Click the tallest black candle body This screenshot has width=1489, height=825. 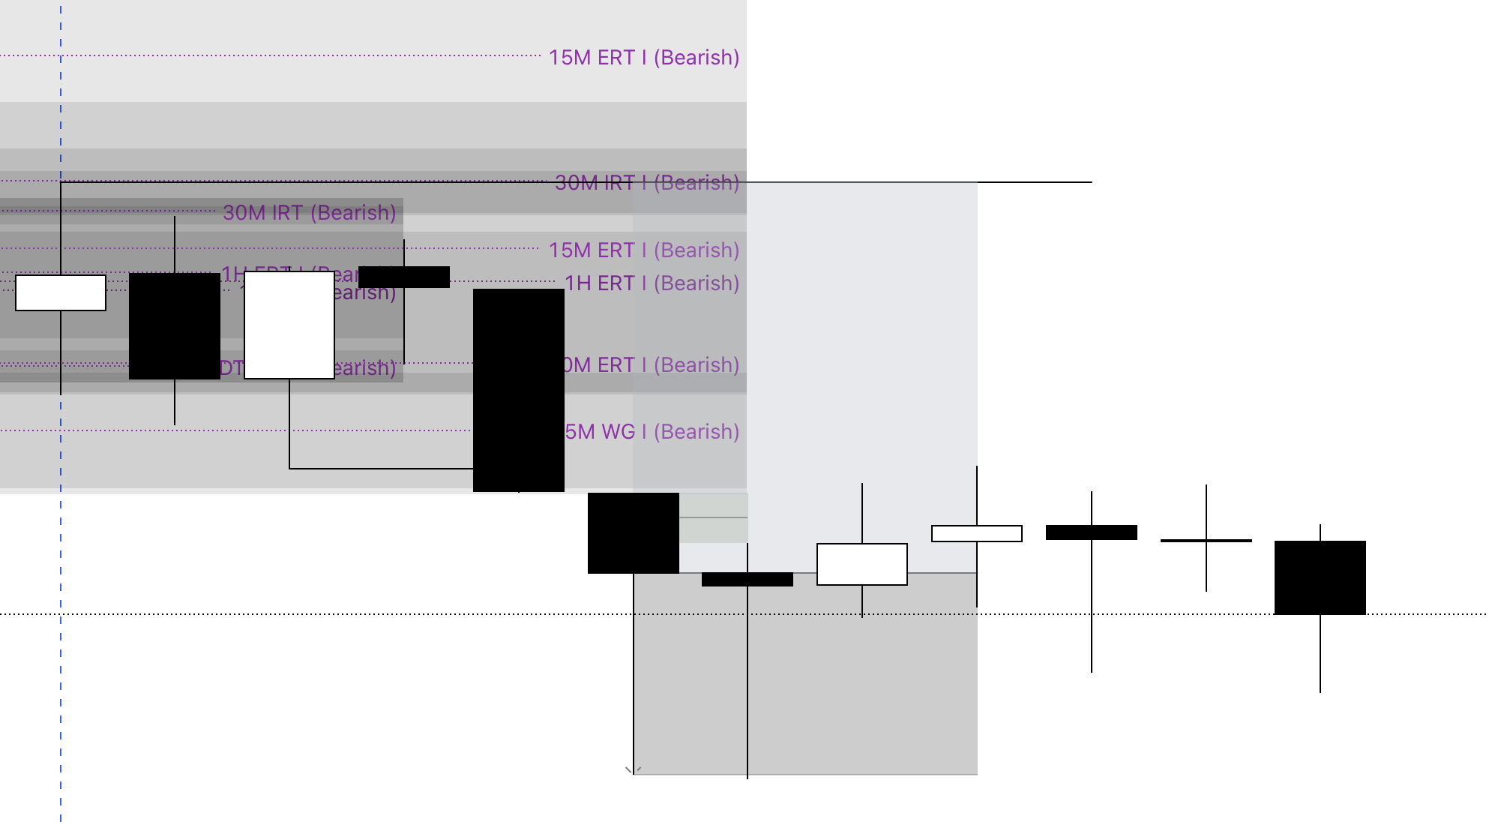coord(518,390)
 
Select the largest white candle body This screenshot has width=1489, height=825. coord(289,325)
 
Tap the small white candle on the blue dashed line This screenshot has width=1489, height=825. coord(61,292)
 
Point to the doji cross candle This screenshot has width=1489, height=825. coord(1206,540)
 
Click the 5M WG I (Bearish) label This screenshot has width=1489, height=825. coord(652,432)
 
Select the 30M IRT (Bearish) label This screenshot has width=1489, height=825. coord(309,213)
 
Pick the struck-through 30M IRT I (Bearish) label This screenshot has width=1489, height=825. coord(646,183)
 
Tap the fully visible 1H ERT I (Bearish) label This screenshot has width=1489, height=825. coord(652,283)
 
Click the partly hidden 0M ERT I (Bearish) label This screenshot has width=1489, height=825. coord(651,365)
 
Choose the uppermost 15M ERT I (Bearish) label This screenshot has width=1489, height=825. coord(643,58)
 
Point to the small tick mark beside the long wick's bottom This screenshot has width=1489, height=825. coord(629,769)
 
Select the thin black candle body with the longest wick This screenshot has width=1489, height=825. coord(747,579)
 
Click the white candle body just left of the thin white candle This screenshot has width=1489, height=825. coord(862,564)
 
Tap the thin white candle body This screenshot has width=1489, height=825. coord(976,533)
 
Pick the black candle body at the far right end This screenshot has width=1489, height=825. coord(1320,577)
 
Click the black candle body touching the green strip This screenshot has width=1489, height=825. coord(633,532)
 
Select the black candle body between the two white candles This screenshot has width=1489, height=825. coord(175,326)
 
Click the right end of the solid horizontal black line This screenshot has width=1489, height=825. coord(1090,182)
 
